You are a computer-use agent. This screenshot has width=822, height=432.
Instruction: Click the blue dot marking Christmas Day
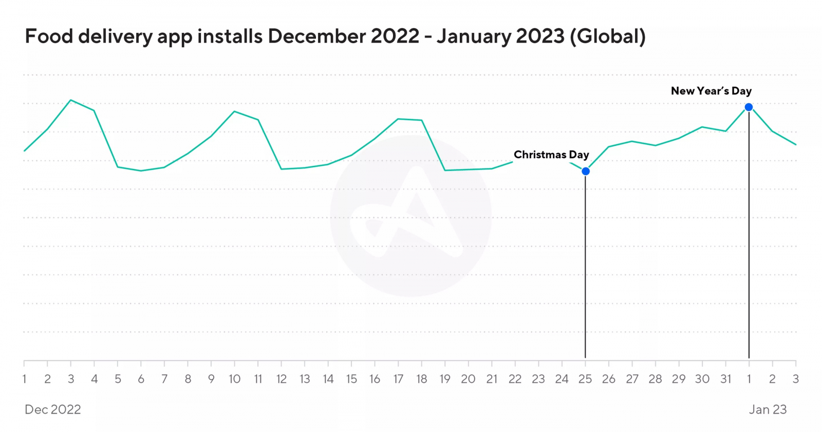point(586,171)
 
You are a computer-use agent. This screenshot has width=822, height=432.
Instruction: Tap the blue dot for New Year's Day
point(749,107)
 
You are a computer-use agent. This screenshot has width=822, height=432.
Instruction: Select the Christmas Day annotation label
point(551,155)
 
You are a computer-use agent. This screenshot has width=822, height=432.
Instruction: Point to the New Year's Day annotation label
point(711,91)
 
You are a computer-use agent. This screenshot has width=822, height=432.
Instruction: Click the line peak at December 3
point(71,100)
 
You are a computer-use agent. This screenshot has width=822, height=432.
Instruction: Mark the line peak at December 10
point(234,111)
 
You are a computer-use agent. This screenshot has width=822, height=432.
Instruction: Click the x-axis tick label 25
point(585,379)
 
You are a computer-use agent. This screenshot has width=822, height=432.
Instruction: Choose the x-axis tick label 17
point(398,379)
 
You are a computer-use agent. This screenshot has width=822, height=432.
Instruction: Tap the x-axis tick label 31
point(725,379)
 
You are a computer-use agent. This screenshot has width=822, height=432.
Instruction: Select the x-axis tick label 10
point(234,379)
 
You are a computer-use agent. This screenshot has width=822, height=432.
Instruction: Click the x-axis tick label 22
point(515,379)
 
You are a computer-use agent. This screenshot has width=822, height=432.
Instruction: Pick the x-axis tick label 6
point(141,379)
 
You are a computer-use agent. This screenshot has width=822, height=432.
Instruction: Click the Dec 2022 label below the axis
point(53,409)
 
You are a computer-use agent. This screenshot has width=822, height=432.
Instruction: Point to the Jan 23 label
point(768,409)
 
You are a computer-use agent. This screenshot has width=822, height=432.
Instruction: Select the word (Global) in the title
point(608,36)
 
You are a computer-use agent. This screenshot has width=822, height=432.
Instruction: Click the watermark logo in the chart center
point(411,216)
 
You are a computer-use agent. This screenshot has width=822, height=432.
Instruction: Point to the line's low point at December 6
point(141,171)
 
